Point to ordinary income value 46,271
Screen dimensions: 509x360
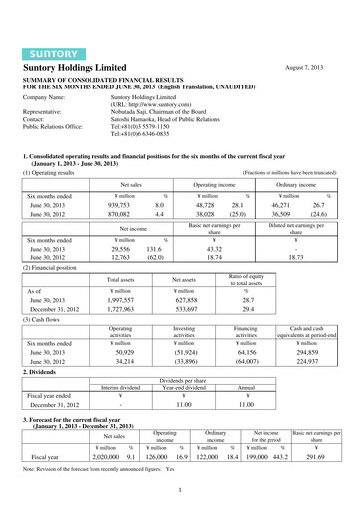pyautogui.click(x=282, y=201)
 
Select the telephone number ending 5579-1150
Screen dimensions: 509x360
pyautogui.click(x=150, y=103)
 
